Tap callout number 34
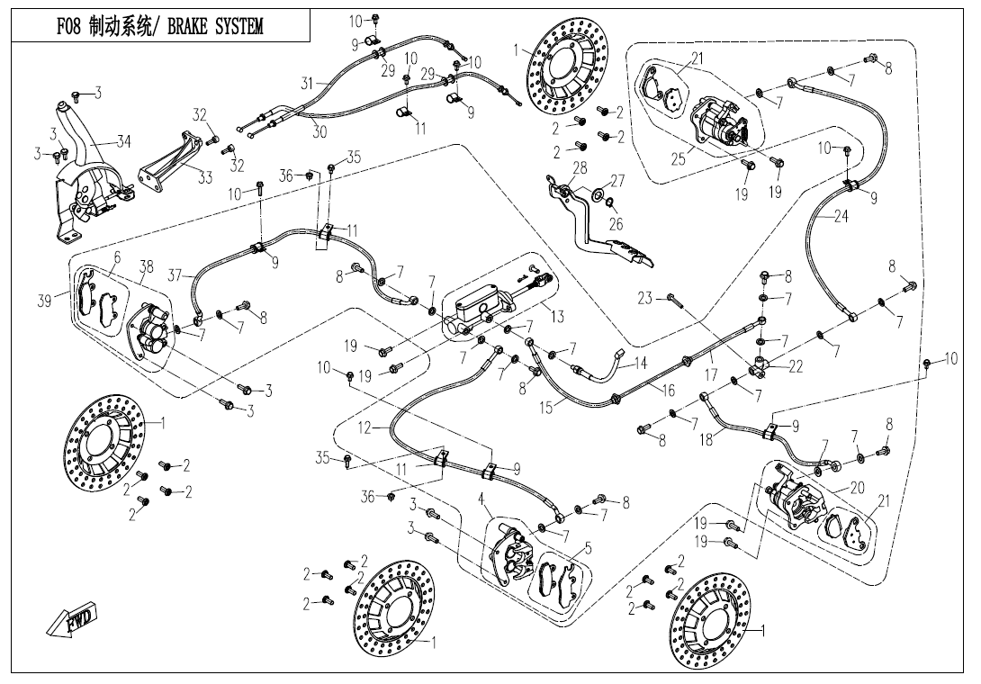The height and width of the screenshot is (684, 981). tap(122, 141)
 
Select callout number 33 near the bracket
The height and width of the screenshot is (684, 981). tap(205, 177)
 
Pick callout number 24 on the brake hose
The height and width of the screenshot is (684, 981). tap(841, 217)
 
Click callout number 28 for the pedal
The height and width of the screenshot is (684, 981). tap(579, 168)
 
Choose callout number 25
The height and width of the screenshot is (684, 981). tap(679, 159)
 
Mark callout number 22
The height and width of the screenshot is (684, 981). tap(796, 366)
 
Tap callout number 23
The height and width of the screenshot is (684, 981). tap(644, 298)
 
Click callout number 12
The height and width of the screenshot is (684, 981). tap(364, 428)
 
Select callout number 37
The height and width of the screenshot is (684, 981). tap(175, 274)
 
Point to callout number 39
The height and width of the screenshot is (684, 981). tap(44, 301)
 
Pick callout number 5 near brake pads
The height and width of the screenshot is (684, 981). tap(589, 546)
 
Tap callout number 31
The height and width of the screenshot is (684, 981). tap(308, 84)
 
